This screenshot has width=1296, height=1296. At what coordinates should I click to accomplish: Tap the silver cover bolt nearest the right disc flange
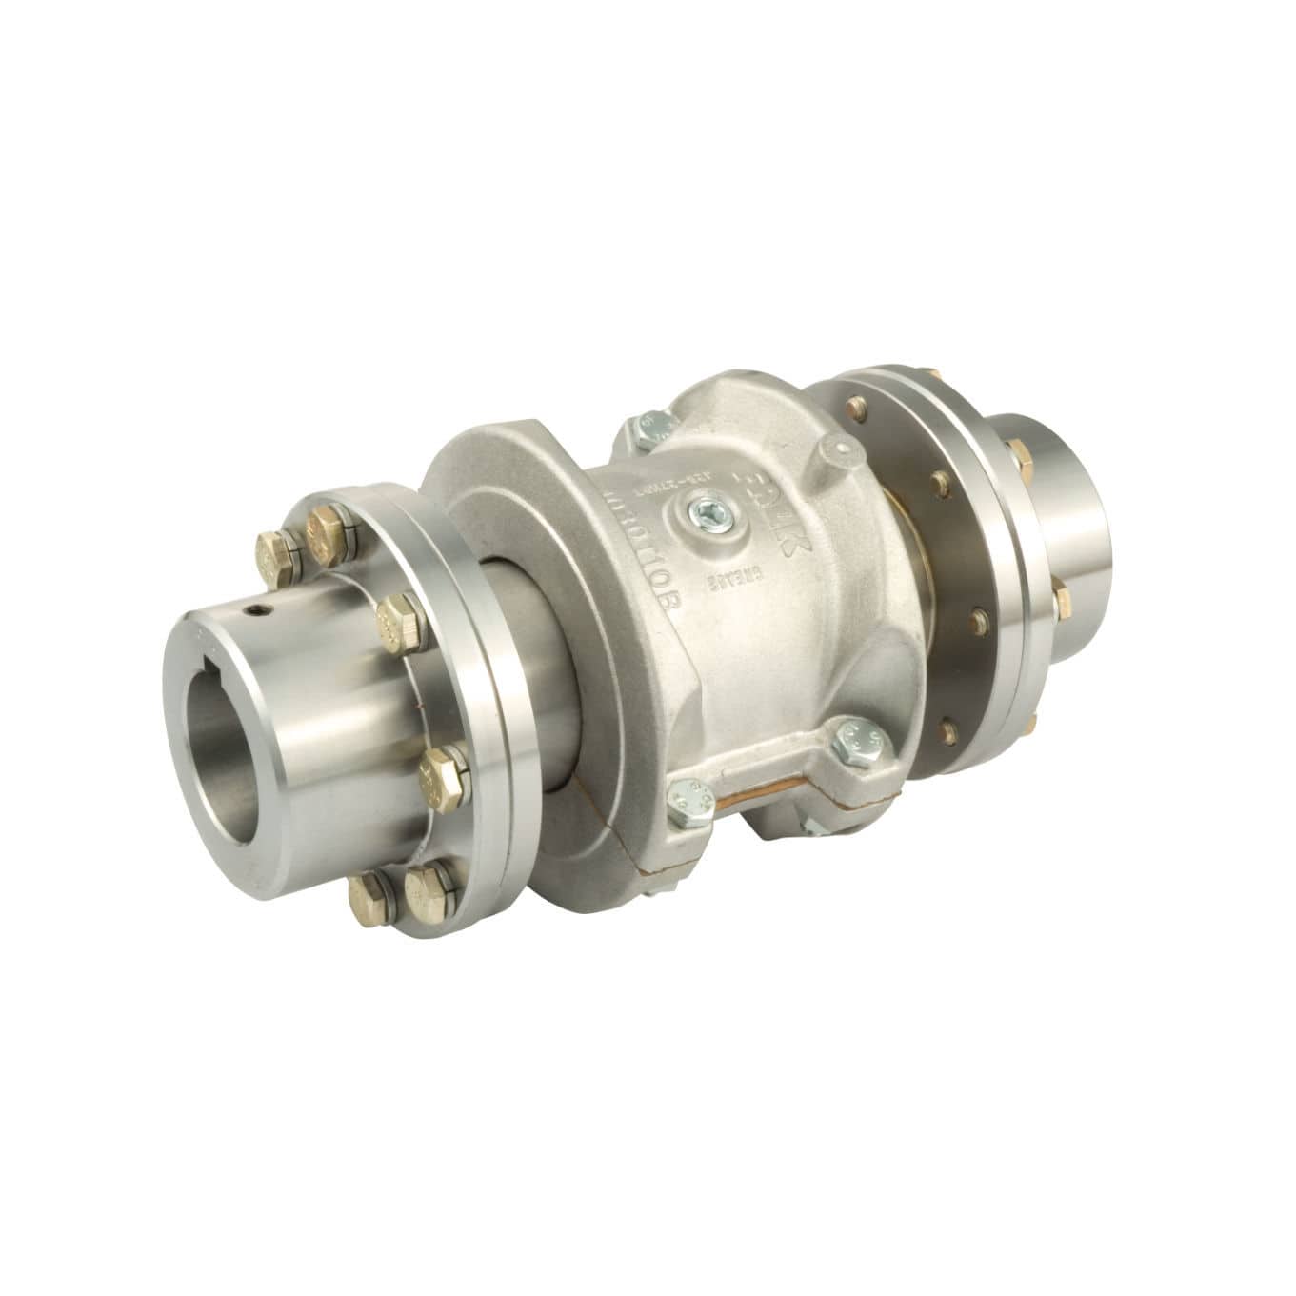[845, 740]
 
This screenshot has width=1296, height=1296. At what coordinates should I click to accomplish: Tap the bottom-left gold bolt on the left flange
[367, 895]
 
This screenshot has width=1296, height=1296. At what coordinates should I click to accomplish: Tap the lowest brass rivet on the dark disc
[948, 731]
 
